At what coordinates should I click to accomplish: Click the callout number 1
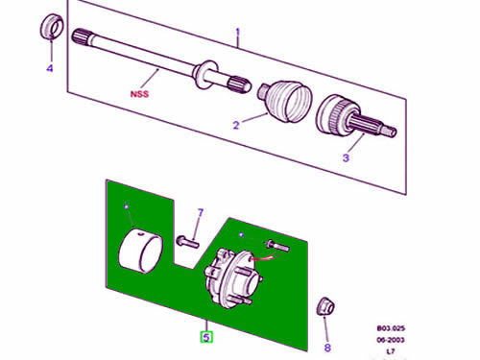coord(237,33)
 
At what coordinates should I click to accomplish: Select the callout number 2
coord(236,125)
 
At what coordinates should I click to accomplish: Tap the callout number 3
coord(346,157)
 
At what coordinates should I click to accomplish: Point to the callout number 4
coord(50,68)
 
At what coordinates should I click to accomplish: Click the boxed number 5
coord(206,337)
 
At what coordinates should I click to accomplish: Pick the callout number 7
coord(201,213)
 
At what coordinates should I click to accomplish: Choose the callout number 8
coord(327,348)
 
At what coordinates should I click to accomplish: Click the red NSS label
coord(139,94)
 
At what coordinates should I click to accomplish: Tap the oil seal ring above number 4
coord(52,27)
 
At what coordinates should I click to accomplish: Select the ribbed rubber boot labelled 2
coord(285,100)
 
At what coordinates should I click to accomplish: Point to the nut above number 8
coord(325,306)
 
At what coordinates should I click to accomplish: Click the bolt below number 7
coord(187,241)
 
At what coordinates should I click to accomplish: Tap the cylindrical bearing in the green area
coord(140,251)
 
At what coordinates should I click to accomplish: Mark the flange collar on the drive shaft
coord(204,75)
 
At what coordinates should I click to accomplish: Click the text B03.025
coord(391,328)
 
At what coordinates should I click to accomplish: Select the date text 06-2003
coord(391,340)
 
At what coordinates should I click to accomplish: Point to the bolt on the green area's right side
coord(277,246)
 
